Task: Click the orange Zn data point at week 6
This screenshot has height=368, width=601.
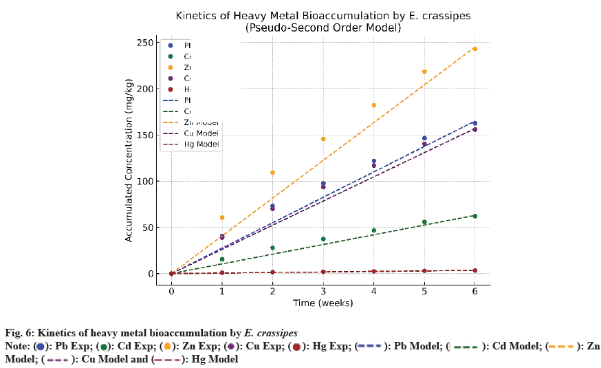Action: point(474,49)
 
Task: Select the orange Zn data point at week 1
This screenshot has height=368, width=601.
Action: point(222,217)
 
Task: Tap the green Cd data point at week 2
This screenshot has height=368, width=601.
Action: point(272,248)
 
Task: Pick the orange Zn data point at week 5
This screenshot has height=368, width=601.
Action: point(424,72)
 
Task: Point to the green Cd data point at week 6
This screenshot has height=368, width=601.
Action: point(474,216)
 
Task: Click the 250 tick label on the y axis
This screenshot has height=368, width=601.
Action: point(144,43)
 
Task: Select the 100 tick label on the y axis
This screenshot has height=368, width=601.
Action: point(144,182)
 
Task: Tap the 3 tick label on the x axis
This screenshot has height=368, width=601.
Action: point(323,292)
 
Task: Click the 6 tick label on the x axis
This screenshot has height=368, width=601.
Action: point(474,292)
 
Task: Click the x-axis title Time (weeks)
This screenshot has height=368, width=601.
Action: point(323,303)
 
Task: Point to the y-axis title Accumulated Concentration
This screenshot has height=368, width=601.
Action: point(129,158)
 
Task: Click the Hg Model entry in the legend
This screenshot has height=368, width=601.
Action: point(200,144)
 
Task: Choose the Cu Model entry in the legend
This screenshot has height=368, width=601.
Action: point(200,133)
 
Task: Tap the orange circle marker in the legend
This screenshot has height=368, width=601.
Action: point(171,67)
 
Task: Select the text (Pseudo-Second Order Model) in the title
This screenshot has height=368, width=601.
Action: point(323,28)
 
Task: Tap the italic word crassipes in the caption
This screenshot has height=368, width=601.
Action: point(277,334)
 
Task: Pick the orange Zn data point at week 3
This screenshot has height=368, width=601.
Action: point(323,139)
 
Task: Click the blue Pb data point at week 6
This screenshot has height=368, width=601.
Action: point(474,123)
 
